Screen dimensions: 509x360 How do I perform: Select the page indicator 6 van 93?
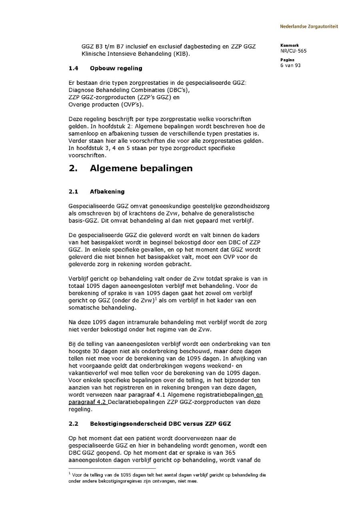click(290, 66)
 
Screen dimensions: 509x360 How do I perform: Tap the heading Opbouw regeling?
click(116, 68)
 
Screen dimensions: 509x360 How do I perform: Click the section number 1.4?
click(73, 68)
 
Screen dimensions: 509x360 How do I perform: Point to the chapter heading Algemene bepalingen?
click(141, 168)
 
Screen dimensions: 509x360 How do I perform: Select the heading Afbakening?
click(107, 192)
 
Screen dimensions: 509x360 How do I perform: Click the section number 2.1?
click(73, 192)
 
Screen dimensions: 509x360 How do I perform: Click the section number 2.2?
click(73, 423)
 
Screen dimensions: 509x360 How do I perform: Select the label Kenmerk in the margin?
click(287, 46)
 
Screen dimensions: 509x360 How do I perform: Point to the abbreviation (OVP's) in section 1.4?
click(131, 105)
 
